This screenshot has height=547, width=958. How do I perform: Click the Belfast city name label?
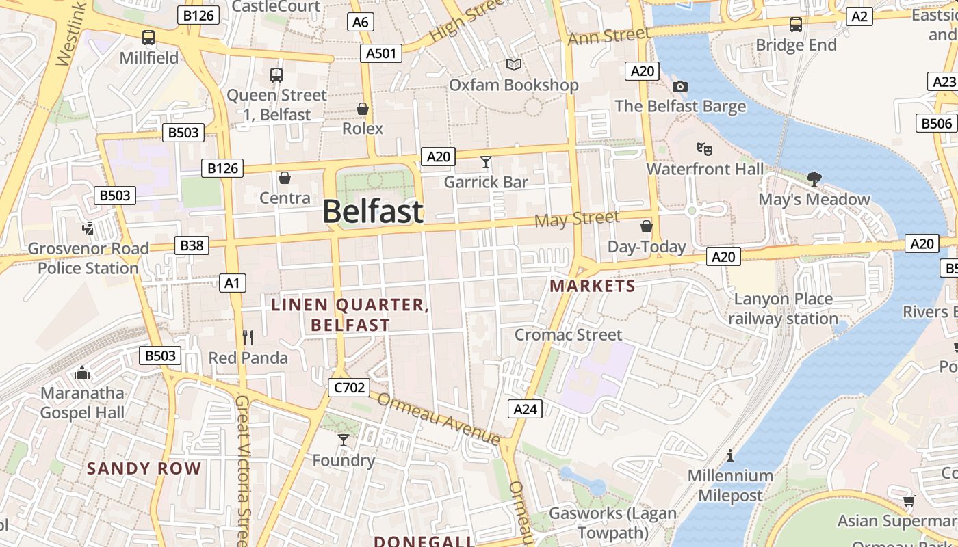pos(373,211)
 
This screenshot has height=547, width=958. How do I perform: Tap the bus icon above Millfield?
pos(148,38)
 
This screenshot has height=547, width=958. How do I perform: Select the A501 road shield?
pos(382,53)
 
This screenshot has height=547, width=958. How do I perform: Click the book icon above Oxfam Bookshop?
pos(514,64)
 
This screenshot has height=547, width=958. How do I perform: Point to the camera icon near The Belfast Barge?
pos(679,86)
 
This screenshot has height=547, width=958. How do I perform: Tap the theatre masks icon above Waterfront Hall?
pos(704,148)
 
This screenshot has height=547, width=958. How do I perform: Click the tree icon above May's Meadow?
pos(814,179)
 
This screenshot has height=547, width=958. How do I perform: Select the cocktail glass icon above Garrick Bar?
pos(486,162)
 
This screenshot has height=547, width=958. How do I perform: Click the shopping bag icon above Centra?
pos(285,178)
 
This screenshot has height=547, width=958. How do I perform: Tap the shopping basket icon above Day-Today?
pos(646,226)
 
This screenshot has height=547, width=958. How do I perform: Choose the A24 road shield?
pos(526,409)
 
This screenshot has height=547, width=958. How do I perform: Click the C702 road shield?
pos(349,388)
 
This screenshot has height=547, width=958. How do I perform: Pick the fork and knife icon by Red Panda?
pos(248,337)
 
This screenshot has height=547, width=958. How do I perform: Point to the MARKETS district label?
pos(593,286)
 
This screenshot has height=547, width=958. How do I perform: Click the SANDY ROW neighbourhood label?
pos(144,468)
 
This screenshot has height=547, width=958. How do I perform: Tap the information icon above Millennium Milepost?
pos(730,455)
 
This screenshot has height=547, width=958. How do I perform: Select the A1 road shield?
pos(233,282)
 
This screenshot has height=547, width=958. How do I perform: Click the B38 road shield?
pos(192,245)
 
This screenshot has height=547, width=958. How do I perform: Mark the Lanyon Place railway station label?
pos(783,308)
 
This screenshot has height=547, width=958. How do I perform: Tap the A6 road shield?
pos(360,22)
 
